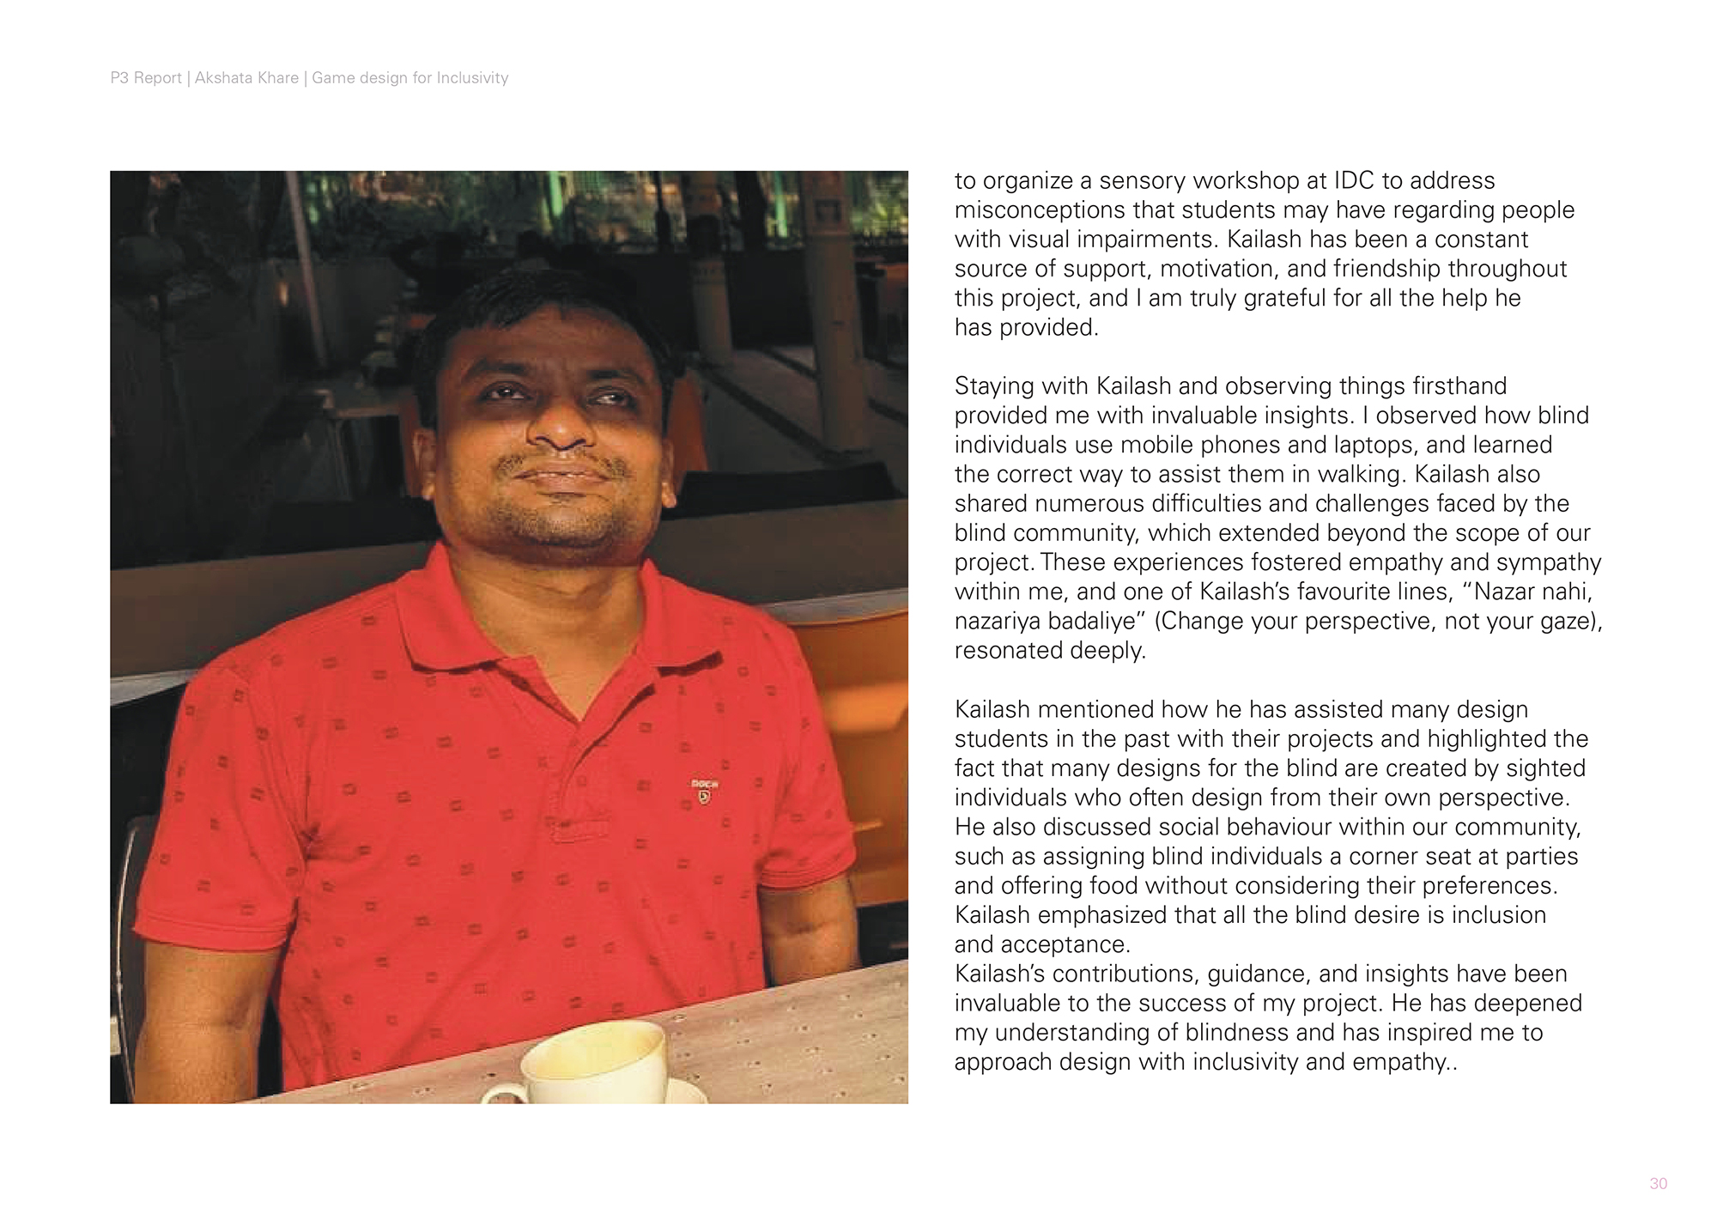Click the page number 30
coord(1658,1184)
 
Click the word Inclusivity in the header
coord(472,78)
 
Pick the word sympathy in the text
coord(1549,562)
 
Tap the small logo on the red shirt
coord(704,792)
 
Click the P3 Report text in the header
coord(146,78)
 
